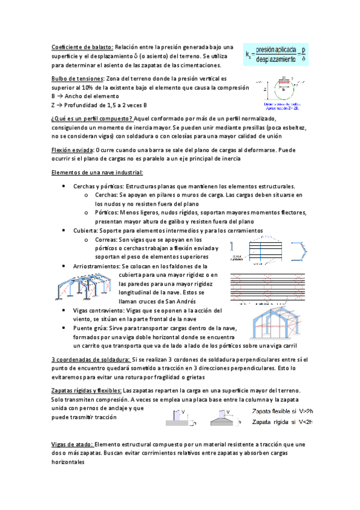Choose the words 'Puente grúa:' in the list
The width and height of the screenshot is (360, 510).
click(x=91, y=328)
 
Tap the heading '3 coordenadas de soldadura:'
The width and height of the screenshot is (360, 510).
click(x=90, y=359)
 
